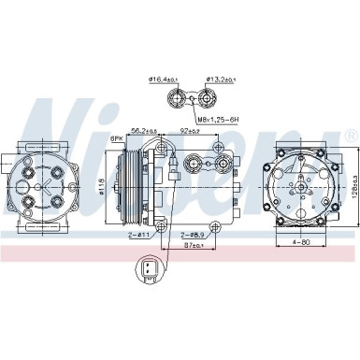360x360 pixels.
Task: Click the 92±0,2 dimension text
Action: (x=191, y=132)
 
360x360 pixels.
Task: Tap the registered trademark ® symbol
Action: (x=349, y=137)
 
